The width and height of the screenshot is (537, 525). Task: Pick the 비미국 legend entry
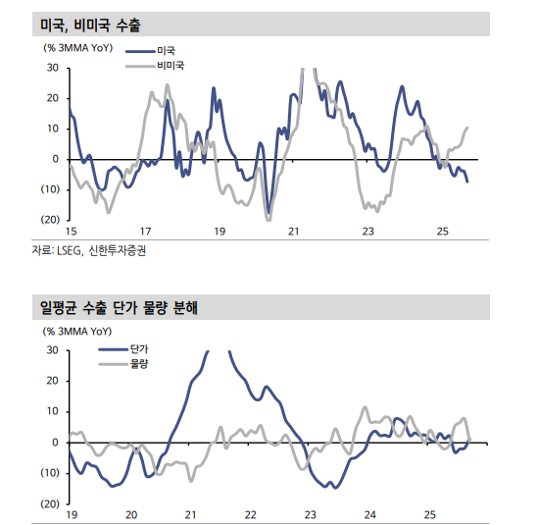coord(170,65)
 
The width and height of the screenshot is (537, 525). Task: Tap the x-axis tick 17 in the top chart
coord(145,232)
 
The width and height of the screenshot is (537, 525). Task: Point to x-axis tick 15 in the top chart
coord(71,232)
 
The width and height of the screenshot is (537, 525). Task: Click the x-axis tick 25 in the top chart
coord(442,232)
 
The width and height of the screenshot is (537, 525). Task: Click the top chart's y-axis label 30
coord(53,68)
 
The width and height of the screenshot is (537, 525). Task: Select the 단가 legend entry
coord(139,349)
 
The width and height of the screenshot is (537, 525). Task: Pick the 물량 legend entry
coord(139,364)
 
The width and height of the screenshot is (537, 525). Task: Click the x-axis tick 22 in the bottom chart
coord(251,514)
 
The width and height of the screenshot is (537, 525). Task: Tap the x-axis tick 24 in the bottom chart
coord(369,514)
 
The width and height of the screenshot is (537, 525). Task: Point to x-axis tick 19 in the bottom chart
coord(72,514)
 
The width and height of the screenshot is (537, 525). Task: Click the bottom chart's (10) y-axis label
coord(50,473)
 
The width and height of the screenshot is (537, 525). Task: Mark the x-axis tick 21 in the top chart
coord(294,232)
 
